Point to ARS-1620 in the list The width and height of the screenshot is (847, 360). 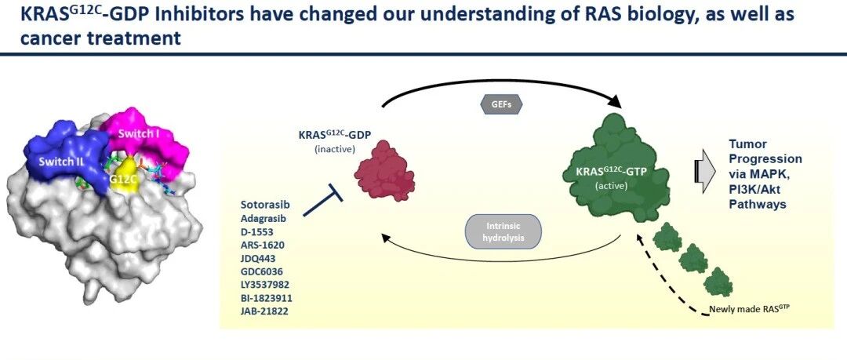pyautogui.click(x=263, y=245)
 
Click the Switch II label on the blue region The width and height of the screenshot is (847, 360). pyautogui.click(x=60, y=162)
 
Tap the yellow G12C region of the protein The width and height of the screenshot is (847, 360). pyautogui.click(x=123, y=176)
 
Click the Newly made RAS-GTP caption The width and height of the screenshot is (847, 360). pyautogui.click(x=742, y=311)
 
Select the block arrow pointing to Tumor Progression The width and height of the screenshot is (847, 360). pyautogui.click(x=703, y=173)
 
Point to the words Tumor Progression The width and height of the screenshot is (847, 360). pyautogui.click(x=765, y=152)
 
